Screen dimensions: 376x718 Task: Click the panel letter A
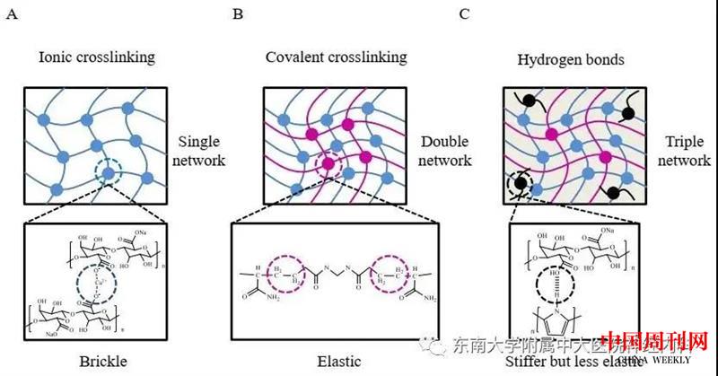(x=10, y=13)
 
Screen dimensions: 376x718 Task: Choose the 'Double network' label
(x=445, y=153)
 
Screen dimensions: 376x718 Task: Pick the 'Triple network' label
(x=688, y=153)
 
